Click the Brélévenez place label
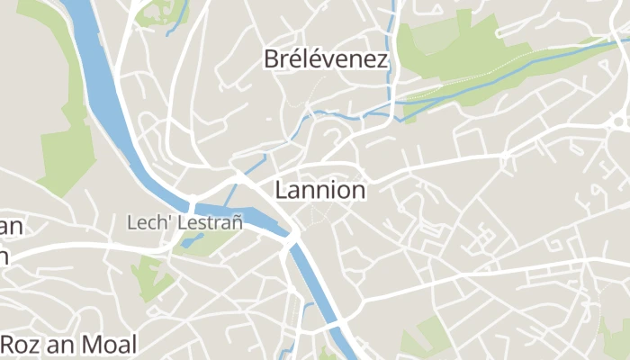click(326, 59)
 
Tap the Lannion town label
click(320, 191)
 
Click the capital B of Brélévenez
click(271, 59)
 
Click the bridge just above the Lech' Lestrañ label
click(192, 200)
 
